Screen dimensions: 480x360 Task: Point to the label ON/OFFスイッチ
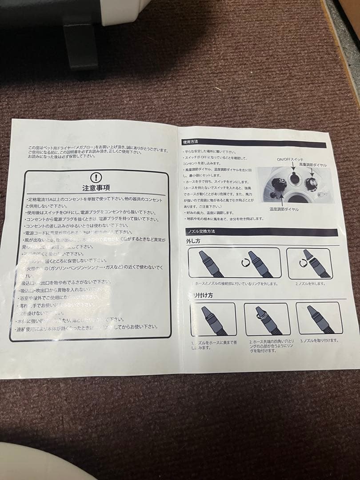click(x=290, y=160)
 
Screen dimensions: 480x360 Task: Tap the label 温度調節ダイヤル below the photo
click(x=284, y=209)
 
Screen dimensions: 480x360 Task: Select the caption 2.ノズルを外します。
click(x=311, y=283)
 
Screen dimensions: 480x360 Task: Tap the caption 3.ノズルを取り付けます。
click(x=319, y=340)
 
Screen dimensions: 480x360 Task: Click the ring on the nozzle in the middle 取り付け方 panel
click(x=259, y=316)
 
